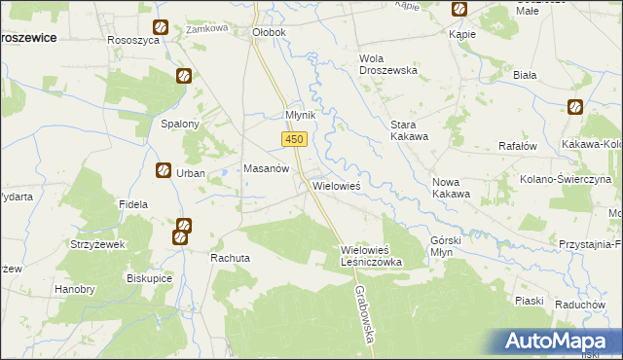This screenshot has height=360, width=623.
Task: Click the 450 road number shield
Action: (296, 140)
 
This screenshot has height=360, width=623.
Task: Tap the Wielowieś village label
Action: (337, 185)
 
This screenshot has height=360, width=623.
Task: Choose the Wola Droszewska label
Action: (388, 64)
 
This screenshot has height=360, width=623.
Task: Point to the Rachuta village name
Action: (231, 258)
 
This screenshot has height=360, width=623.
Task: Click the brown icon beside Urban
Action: (163, 171)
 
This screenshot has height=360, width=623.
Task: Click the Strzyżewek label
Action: (98, 244)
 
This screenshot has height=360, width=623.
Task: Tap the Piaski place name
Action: (529, 301)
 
